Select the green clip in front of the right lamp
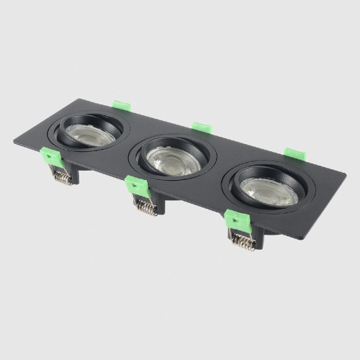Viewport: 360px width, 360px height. [x=235, y=218]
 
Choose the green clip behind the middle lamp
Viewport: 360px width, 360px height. [x=202, y=127]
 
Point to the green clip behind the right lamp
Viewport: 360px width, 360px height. [x=292, y=153]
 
